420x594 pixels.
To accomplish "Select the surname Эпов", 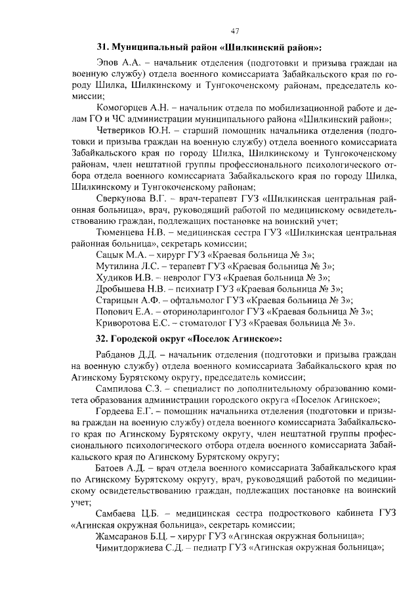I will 108,64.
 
